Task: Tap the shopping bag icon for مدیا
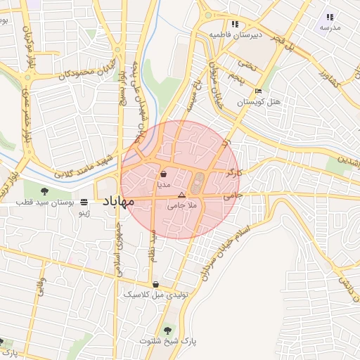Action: (163, 174)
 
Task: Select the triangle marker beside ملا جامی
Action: (181, 195)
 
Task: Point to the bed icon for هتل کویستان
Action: (259, 91)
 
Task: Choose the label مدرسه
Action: (330, 27)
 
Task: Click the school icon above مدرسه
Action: (330, 16)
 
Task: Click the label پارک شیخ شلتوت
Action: (168, 341)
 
